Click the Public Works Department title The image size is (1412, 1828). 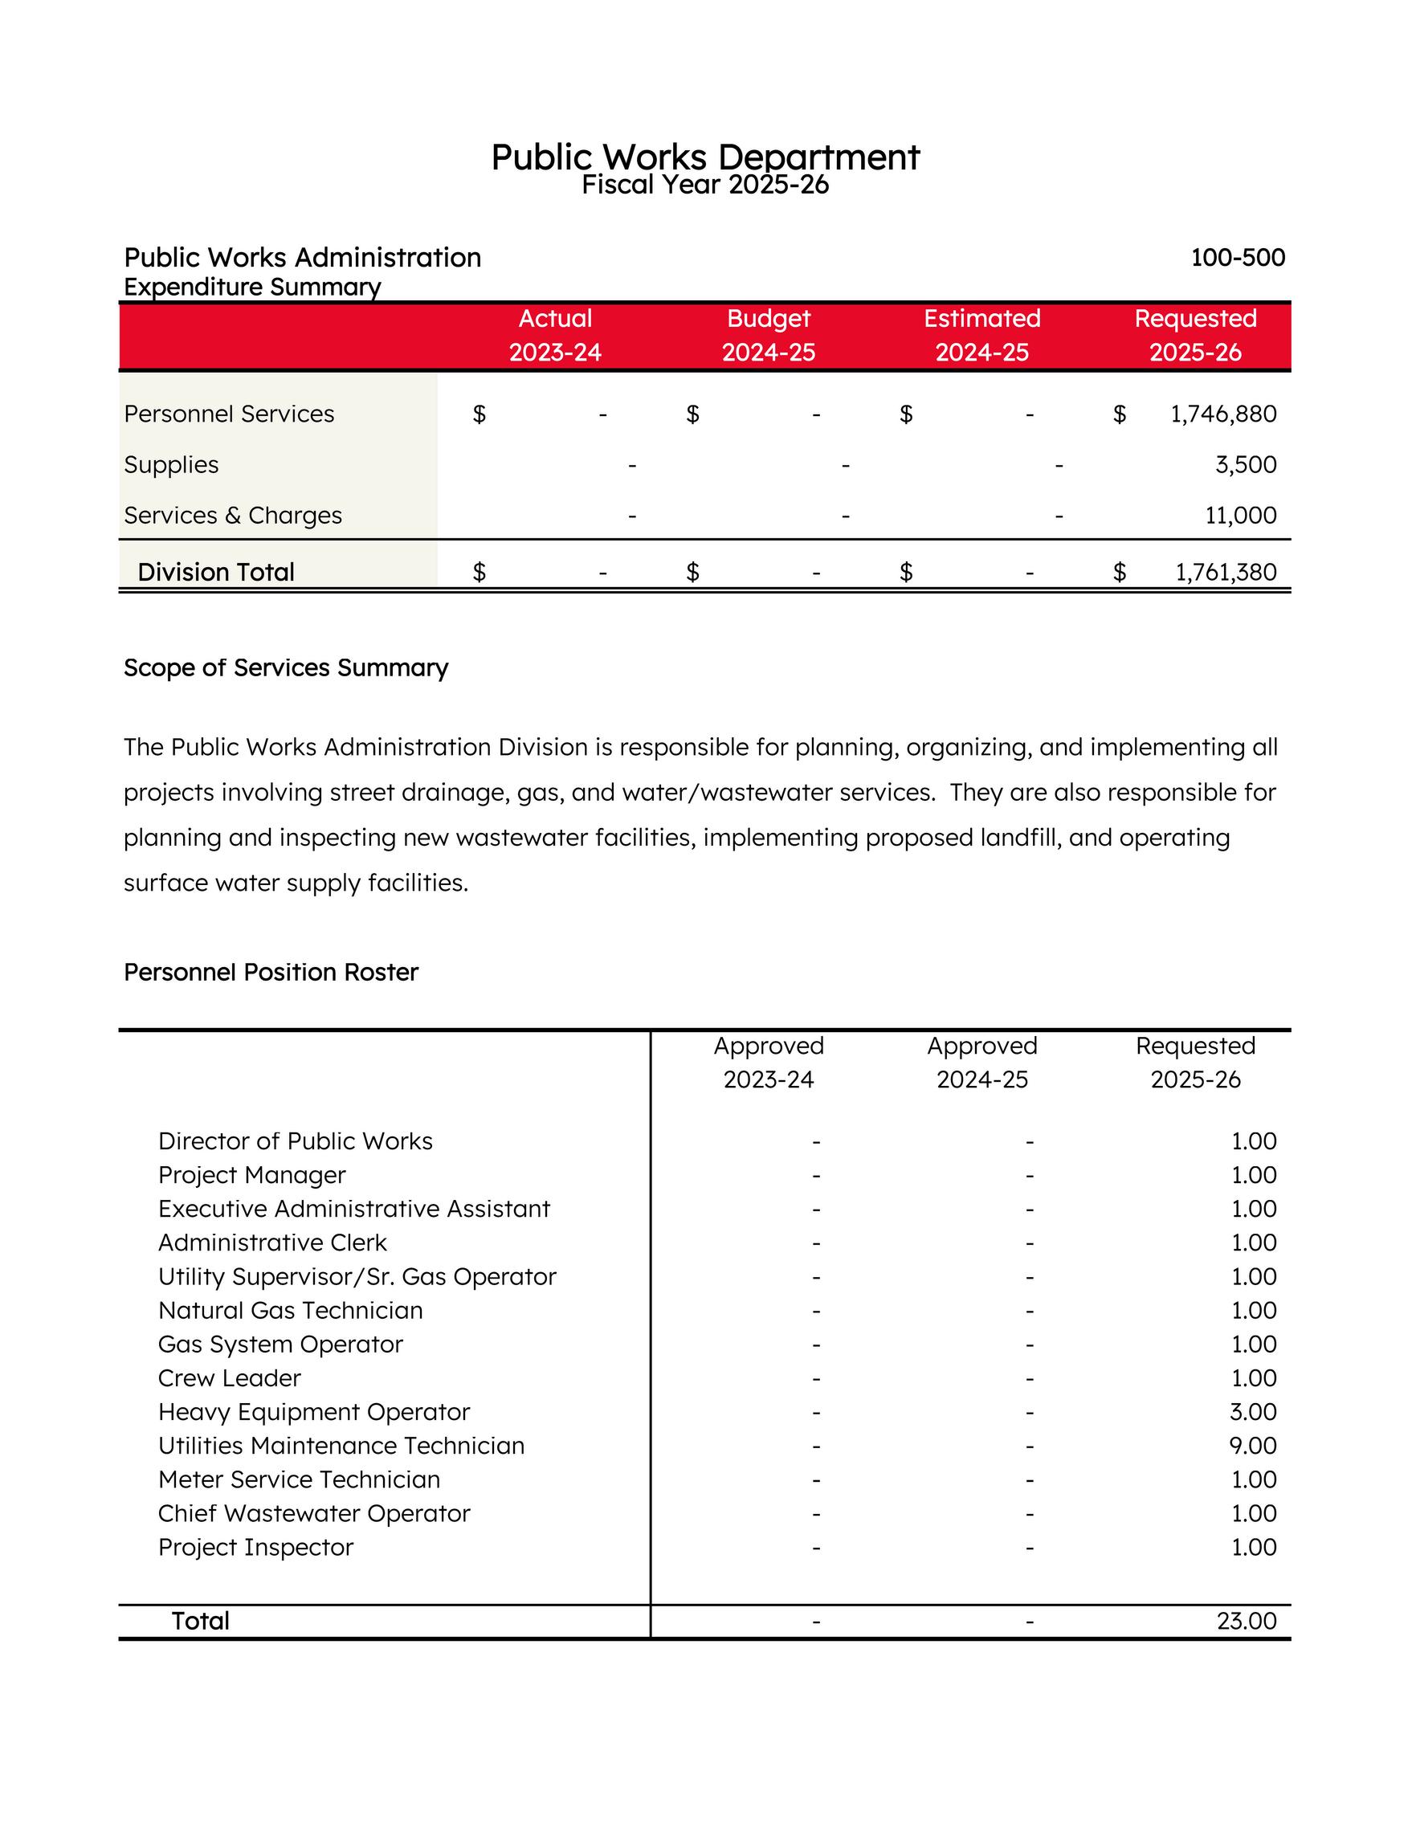(704, 157)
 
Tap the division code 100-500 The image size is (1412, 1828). (1237, 257)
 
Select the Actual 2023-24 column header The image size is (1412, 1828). (555, 335)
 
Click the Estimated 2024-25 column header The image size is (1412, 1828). (981, 335)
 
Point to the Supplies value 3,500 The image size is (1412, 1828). (1246, 464)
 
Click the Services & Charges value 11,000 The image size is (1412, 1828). (1240, 515)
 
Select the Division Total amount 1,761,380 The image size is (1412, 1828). (1226, 572)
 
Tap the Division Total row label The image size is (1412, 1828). (216, 572)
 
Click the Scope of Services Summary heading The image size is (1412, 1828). (285, 667)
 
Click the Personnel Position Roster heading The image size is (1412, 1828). (271, 972)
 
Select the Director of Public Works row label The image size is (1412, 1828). (296, 1140)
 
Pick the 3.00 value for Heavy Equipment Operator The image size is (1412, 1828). (1253, 1411)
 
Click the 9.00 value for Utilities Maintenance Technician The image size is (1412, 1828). (1253, 1446)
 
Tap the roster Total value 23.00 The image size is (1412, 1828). (1247, 1621)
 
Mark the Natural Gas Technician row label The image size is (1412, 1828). (291, 1310)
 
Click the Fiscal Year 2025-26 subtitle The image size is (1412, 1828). (704, 184)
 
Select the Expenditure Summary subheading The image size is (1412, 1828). (252, 287)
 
